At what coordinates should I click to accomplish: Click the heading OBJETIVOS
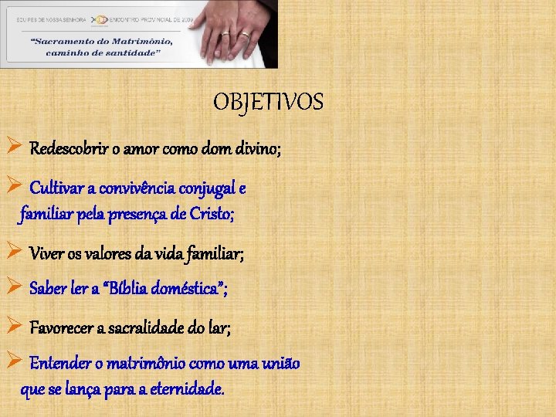pos(268,102)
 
